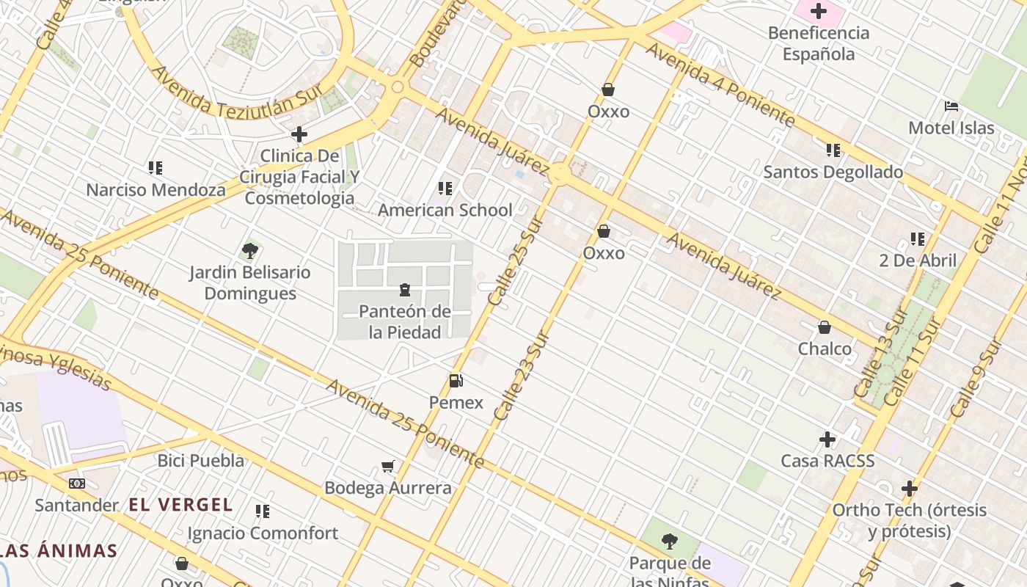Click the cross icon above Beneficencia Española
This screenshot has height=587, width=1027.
point(818,11)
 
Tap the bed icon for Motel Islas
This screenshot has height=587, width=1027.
point(951,106)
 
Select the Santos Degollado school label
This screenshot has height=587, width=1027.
point(833,172)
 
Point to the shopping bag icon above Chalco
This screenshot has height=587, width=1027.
point(825,327)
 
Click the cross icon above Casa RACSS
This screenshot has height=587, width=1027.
point(827,440)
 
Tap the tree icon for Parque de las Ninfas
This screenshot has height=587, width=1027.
point(669,542)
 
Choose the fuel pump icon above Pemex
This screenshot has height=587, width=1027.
point(456,381)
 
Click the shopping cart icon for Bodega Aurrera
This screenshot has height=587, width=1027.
point(388,467)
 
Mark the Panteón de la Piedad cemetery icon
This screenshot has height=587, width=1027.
point(404,290)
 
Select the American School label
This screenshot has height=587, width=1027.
point(445,210)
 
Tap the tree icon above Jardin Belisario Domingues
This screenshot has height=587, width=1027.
point(249,251)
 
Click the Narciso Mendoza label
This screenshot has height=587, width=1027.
point(156,190)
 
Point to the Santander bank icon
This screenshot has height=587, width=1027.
point(76,484)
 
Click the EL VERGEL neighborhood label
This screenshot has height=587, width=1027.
point(180,505)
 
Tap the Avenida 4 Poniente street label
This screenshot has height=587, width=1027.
point(720,82)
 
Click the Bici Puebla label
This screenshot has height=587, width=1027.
point(201,461)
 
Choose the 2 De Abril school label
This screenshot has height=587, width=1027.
point(918,260)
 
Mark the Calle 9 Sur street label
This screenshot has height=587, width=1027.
point(976,378)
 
